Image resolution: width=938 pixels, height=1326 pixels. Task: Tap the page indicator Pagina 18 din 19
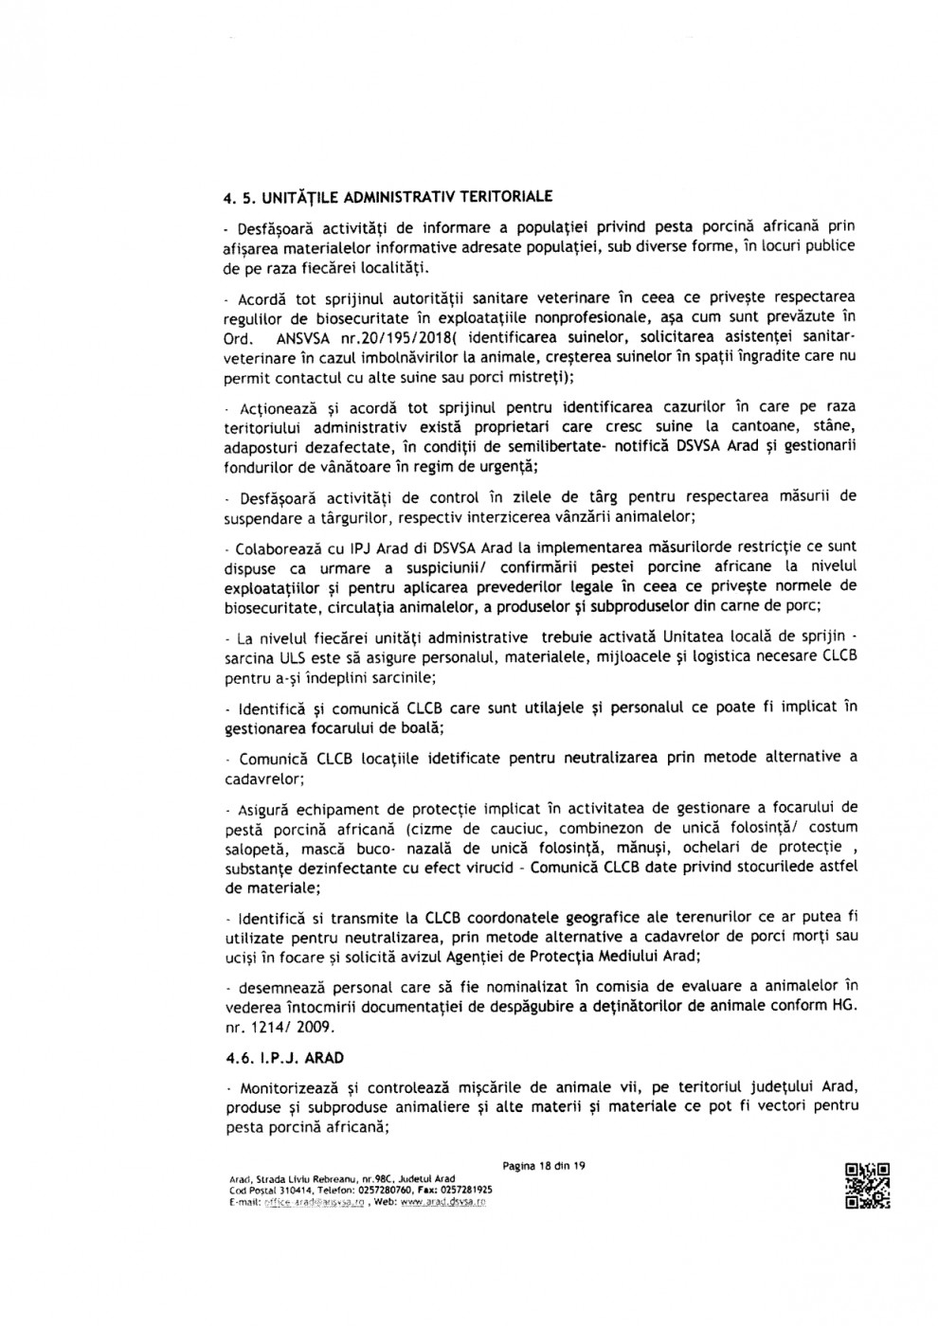click(543, 1166)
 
